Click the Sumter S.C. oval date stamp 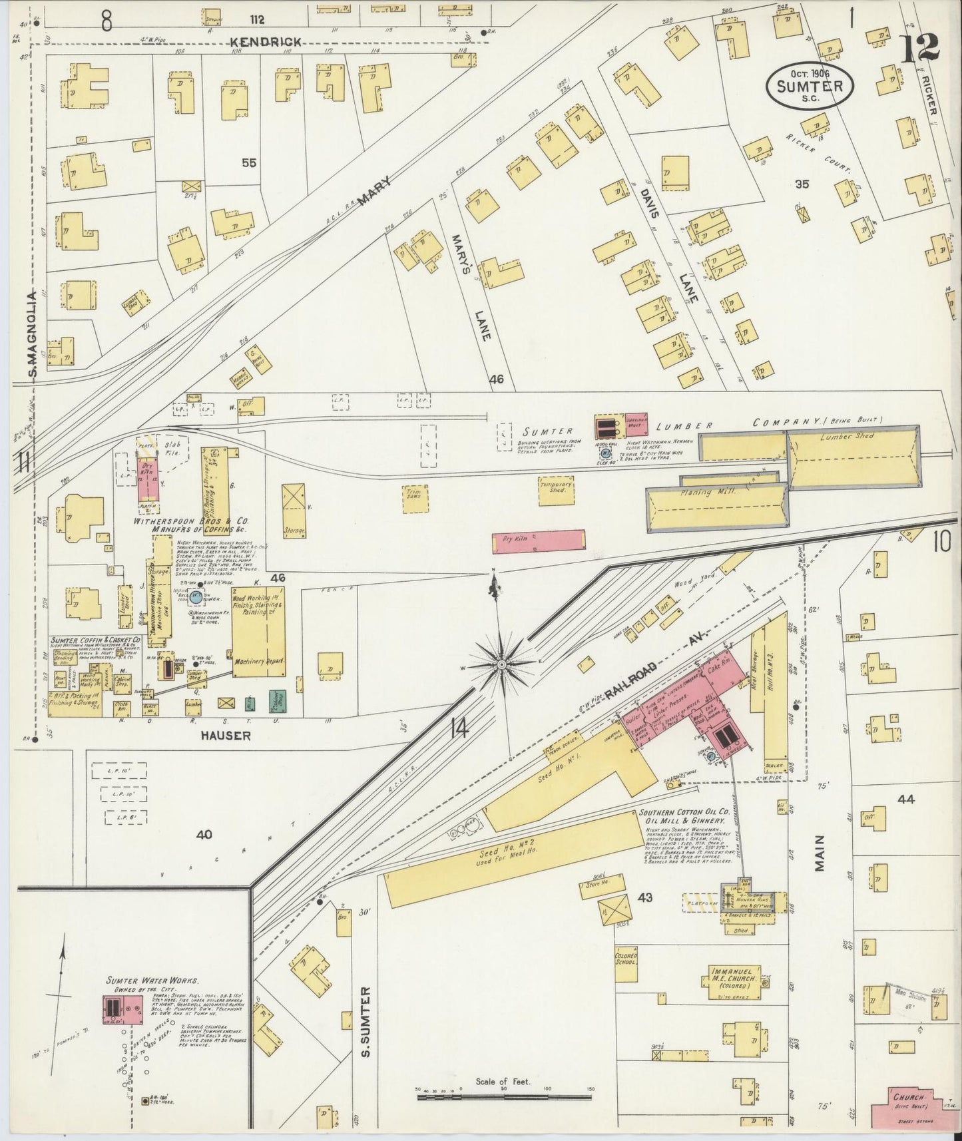pyautogui.click(x=809, y=86)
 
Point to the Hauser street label pyautogui.click(x=228, y=736)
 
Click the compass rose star pyautogui.click(x=503, y=664)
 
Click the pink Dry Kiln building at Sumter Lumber pyautogui.click(x=538, y=541)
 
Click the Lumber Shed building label pyautogui.click(x=847, y=436)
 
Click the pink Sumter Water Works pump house pyautogui.click(x=122, y=1011)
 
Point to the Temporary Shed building pyautogui.click(x=556, y=490)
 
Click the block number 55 pyautogui.click(x=249, y=162)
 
